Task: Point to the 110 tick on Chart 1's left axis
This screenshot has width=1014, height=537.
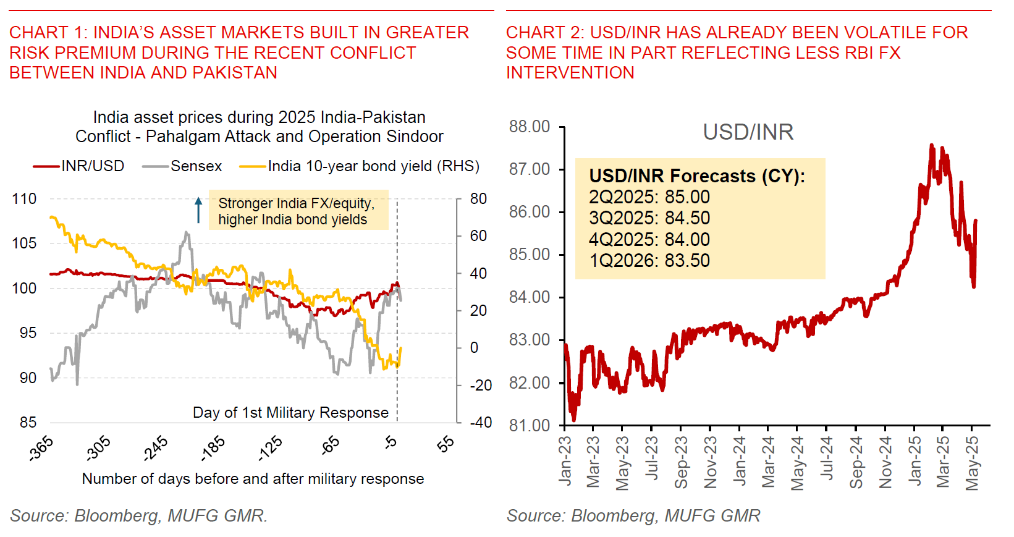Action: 24,199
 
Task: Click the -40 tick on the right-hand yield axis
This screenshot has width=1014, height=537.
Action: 480,423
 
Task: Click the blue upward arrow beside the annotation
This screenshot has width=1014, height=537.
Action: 198,210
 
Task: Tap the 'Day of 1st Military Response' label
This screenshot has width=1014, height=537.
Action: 290,413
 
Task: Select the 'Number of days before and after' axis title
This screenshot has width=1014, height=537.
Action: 253,479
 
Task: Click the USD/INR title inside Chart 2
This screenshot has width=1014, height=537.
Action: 748,132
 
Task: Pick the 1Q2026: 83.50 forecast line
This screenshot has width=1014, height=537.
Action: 649,261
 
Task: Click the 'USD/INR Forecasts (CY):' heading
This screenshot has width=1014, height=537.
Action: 697,176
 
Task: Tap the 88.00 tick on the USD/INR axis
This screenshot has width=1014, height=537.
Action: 529,127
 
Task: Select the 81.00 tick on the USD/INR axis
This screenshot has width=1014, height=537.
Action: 529,426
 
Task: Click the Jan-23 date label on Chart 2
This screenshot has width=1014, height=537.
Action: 565,460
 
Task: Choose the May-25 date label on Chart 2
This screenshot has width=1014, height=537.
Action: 972,463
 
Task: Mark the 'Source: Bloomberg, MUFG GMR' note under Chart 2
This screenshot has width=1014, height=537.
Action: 633,516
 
